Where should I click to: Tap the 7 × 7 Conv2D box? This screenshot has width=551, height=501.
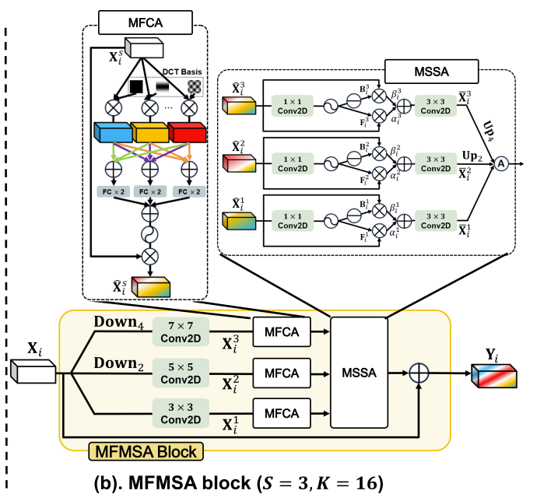(x=181, y=330)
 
